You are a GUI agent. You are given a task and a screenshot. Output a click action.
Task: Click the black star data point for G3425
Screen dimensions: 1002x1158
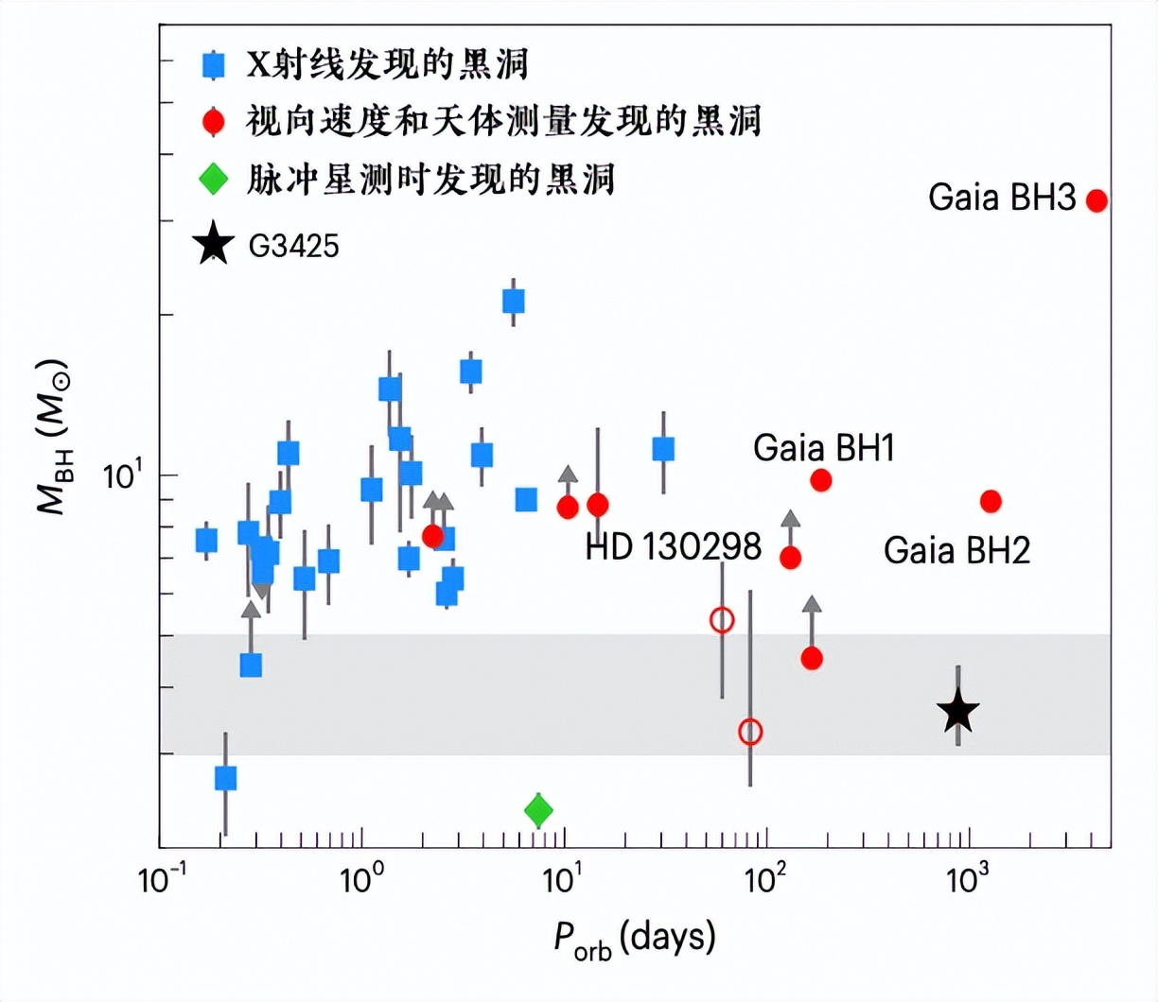coord(958,712)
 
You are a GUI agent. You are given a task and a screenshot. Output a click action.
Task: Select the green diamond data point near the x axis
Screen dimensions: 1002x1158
coord(538,810)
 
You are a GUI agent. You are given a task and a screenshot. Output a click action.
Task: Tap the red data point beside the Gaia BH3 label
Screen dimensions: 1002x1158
coord(1097,200)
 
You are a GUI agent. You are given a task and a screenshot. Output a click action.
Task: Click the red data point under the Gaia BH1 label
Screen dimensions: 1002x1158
coord(821,480)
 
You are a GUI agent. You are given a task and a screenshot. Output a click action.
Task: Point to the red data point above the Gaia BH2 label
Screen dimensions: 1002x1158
coord(991,501)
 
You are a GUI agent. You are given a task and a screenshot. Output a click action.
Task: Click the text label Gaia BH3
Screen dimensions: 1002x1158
coord(1002,199)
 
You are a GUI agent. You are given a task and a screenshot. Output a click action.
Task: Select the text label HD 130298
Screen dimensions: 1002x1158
coord(673,546)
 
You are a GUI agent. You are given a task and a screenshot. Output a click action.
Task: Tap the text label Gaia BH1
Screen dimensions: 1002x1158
coord(823,448)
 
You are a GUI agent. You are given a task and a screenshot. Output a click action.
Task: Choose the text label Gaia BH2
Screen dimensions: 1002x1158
coord(956,550)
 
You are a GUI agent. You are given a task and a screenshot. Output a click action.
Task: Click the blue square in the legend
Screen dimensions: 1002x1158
coord(214,64)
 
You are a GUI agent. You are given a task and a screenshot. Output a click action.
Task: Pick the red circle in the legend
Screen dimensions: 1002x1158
coord(214,122)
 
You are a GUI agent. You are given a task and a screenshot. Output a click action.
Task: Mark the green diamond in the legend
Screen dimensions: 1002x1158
coord(214,179)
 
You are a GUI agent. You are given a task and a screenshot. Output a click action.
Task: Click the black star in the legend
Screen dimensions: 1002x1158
coord(214,245)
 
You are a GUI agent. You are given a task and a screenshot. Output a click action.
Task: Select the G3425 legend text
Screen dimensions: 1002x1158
coord(293,247)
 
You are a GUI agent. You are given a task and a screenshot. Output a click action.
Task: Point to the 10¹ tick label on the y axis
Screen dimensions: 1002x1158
coord(121,475)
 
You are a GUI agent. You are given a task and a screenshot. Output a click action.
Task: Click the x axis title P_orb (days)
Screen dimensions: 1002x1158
coord(635,938)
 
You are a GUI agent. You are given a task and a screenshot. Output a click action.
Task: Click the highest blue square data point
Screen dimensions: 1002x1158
coord(514,302)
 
